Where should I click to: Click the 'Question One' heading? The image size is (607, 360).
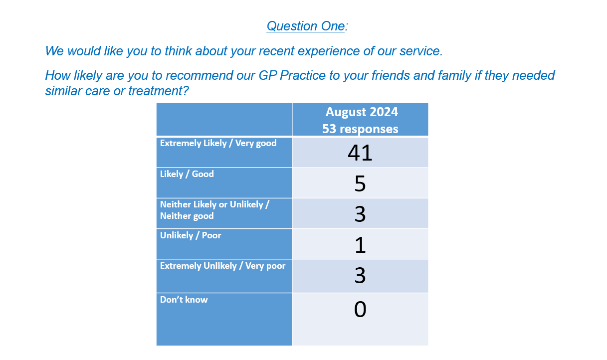click(307, 26)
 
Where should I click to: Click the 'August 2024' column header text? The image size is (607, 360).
click(362, 112)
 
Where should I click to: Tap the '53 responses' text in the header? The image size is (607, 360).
click(360, 129)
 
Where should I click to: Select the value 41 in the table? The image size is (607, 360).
click(360, 153)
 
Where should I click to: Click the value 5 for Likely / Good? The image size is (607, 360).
click(360, 183)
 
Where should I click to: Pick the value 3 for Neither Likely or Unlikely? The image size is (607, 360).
click(360, 214)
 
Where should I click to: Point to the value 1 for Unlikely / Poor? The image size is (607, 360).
click(361, 245)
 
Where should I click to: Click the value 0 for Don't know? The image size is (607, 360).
click(360, 309)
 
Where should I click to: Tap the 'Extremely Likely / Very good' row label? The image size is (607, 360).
click(218, 143)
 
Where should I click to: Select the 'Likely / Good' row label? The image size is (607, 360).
click(187, 174)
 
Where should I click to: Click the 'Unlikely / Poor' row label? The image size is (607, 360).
click(191, 235)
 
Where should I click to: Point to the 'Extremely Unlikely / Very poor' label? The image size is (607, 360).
click(223, 266)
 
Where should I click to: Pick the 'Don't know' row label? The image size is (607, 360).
click(184, 300)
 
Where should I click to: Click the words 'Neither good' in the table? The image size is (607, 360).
click(187, 216)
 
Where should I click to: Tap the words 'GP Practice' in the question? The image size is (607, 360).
click(292, 76)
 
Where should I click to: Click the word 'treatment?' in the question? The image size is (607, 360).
click(158, 91)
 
